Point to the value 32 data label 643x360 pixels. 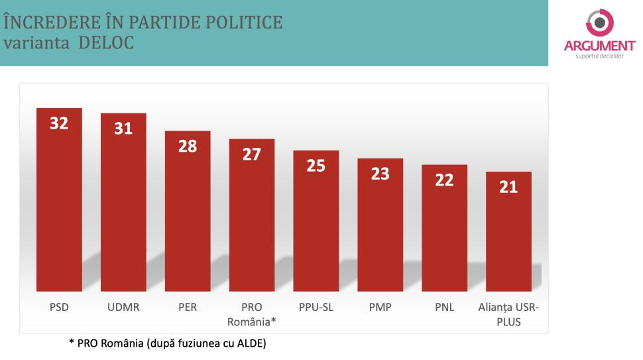(x=59, y=123)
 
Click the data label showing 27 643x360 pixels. (x=252, y=154)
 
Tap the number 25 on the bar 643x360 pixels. (x=316, y=166)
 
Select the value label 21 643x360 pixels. (x=508, y=187)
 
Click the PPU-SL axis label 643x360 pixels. (x=316, y=308)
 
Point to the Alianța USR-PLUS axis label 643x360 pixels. (x=508, y=314)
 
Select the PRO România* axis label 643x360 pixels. (x=252, y=314)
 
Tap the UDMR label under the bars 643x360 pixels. (x=123, y=308)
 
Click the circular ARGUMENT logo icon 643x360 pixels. (x=600, y=22)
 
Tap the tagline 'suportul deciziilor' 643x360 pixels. (x=600, y=56)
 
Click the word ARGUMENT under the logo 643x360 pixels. (x=600, y=46)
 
